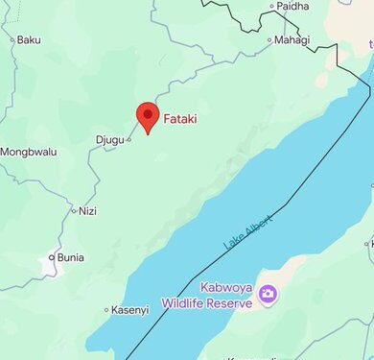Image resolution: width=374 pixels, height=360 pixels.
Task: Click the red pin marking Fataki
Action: [147, 116]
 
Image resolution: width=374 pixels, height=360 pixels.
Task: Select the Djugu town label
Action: [110, 139]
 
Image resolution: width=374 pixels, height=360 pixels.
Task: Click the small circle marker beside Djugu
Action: [129, 139]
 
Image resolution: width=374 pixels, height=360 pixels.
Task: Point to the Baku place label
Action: [30, 39]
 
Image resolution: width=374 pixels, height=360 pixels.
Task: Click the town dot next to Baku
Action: [12, 39]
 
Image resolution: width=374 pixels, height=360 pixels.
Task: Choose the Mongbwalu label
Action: [29, 152]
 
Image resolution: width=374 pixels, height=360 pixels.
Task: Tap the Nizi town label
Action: [87, 210]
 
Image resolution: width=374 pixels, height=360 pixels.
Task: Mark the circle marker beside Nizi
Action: [74, 210]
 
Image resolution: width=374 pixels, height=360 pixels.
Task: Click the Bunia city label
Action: [70, 257]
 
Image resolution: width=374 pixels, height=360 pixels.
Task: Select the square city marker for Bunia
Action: [52, 257]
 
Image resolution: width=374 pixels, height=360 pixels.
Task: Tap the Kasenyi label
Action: [130, 309]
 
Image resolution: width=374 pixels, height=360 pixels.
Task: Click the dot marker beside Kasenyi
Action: [106, 309]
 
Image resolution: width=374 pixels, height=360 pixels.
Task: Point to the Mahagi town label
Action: [292, 39]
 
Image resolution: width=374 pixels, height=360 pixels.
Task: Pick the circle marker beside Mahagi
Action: [269, 40]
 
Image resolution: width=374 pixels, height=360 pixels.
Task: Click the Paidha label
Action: [292, 6]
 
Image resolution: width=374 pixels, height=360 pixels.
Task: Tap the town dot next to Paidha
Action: [271, 7]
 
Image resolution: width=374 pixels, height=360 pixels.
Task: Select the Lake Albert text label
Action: [248, 232]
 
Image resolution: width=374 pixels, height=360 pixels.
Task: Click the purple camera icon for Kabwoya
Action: [268, 293]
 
